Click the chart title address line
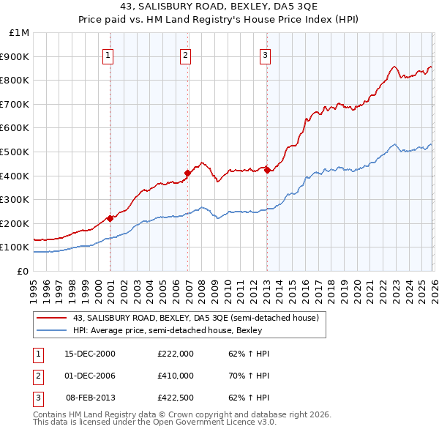coord(219,8)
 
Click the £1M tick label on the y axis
coord(19,33)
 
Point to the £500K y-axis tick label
coord(15,152)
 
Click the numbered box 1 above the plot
coord(108,55)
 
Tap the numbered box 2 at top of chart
coord(186,55)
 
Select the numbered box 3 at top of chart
coord(265,55)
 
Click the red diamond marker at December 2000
coord(110,217)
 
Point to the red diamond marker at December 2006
coord(188,173)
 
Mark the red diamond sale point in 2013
coord(267,170)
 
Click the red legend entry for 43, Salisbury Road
coord(195,319)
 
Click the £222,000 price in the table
coord(176,354)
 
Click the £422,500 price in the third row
coord(176,398)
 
